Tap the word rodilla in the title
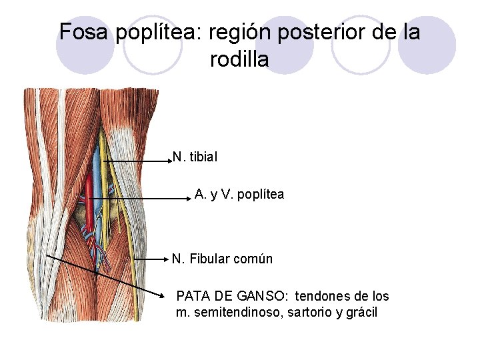click(239, 59)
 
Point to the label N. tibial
click(195, 157)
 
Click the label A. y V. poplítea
click(239, 195)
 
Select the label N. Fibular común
click(222, 259)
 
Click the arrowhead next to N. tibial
click(170, 161)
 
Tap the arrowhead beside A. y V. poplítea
click(189, 197)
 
